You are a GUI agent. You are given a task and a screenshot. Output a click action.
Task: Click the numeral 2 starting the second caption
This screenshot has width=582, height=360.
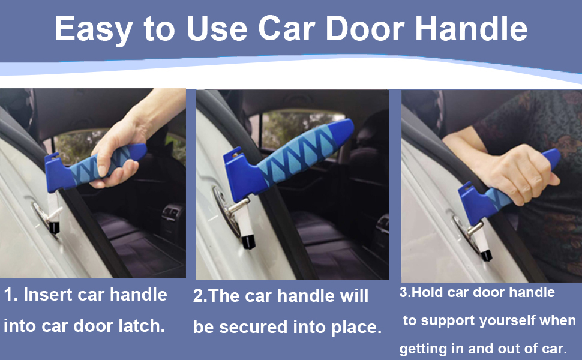198,296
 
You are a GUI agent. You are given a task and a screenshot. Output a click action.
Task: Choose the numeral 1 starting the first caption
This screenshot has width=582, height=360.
8,295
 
